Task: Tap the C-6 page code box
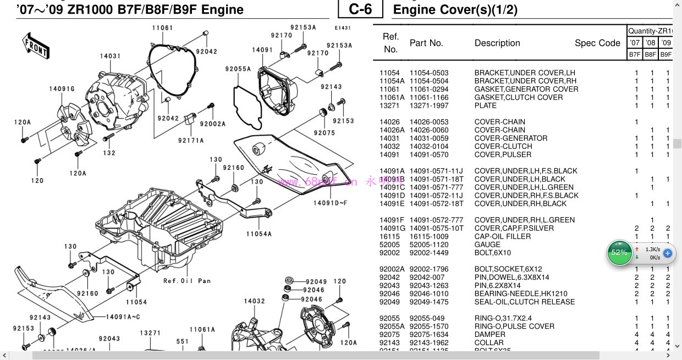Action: (361, 9)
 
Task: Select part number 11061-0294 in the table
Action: (428, 89)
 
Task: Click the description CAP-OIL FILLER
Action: (503, 236)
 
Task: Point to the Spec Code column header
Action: (597, 43)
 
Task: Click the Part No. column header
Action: (426, 43)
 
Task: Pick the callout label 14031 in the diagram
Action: (110, 56)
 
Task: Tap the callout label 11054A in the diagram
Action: (259, 234)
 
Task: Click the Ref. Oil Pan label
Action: (187, 281)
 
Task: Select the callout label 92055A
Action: (238, 69)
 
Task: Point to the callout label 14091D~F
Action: (331, 203)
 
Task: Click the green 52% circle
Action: (619, 253)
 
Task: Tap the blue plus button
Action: (667, 253)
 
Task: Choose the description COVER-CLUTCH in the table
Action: (503, 146)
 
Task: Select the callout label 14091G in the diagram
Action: (62, 89)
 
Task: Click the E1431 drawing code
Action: (342, 27)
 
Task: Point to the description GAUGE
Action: (487, 245)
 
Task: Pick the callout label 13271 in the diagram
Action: (150, 333)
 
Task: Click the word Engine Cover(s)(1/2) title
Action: (455, 9)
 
